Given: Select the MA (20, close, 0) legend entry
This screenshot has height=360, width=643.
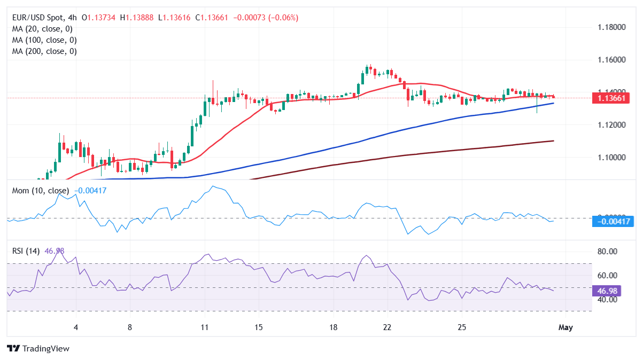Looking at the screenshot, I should click(x=42, y=29).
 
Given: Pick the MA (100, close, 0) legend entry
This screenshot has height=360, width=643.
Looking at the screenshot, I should click(x=44, y=40).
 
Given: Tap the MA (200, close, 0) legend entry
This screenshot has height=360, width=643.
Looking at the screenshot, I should click(x=44, y=51).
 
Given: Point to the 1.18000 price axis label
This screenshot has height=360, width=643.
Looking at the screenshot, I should click(x=611, y=27).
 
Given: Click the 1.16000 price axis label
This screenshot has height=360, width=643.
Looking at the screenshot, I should click(x=611, y=59).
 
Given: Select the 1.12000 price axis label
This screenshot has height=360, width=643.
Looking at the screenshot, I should click(x=611, y=125).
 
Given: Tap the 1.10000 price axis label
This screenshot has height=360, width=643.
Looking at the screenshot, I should click(x=611, y=158).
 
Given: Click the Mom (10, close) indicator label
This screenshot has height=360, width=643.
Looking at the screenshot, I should click(x=40, y=191).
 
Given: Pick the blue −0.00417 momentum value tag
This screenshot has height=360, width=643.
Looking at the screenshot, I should click(x=613, y=222).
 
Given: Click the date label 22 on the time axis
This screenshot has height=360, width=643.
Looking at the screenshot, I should click(x=388, y=327).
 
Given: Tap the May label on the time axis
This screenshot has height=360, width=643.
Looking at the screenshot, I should click(x=565, y=327).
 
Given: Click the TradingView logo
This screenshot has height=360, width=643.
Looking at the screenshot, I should click(x=38, y=349).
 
